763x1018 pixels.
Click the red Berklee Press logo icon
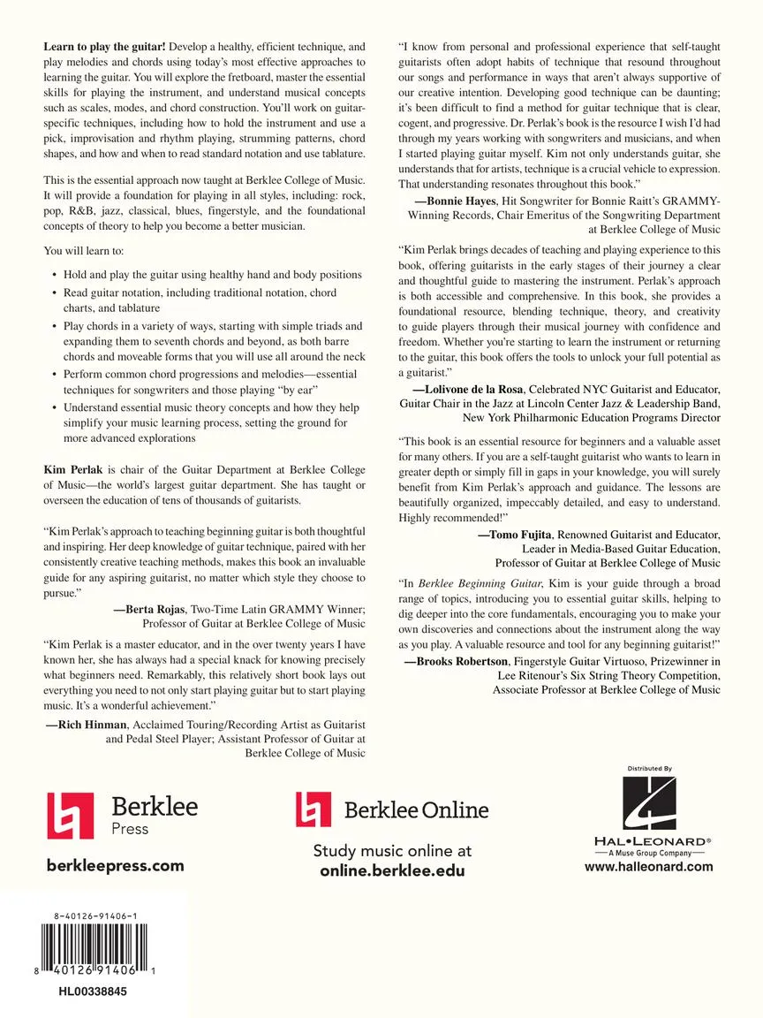point(70,815)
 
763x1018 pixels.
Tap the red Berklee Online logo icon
point(312,809)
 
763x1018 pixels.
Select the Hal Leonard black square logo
point(649,804)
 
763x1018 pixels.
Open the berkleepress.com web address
point(115,866)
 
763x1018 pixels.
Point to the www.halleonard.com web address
point(649,867)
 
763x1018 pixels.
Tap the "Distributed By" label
point(650,769)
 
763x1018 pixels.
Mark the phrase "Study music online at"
point(392,851)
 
